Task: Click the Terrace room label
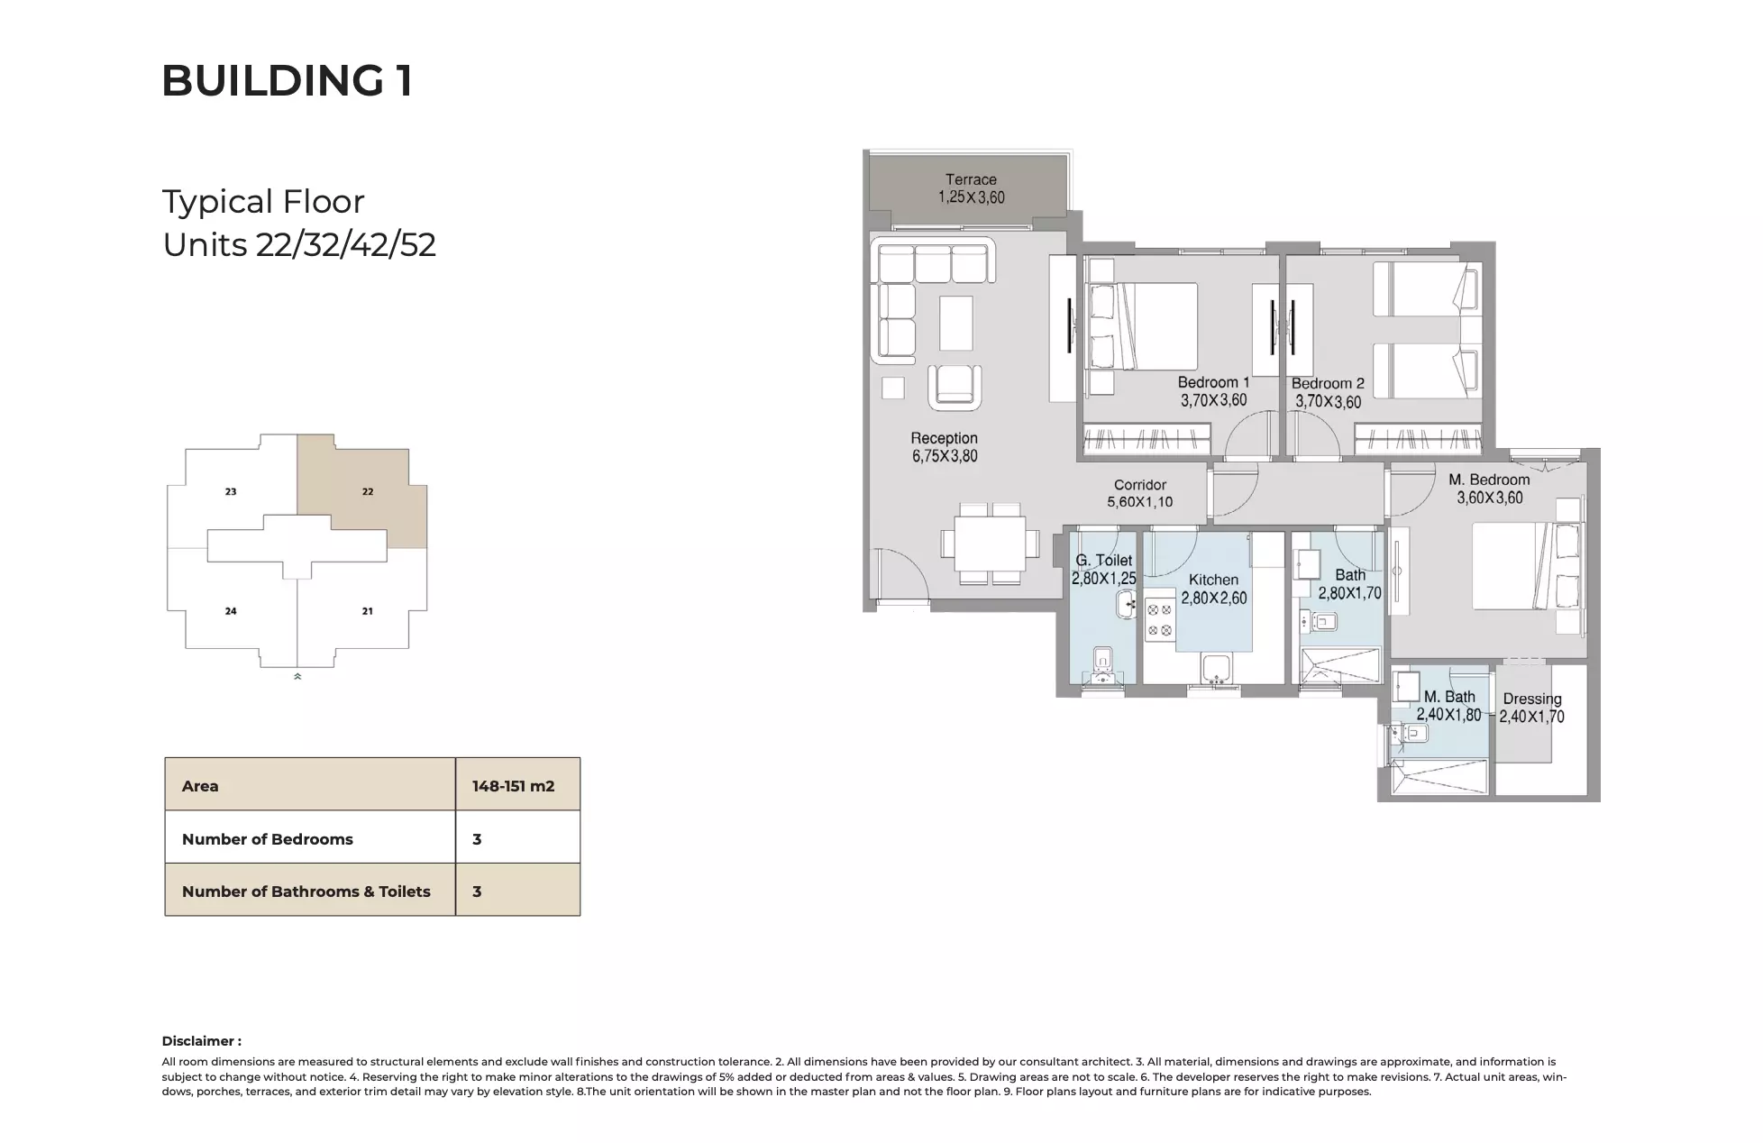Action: (971, 179)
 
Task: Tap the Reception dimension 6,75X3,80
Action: (944, 456)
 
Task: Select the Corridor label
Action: (1139, 485)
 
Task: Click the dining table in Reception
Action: (990, 544)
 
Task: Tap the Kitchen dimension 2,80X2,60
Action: (1213, 598)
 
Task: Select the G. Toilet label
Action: (1103, 560)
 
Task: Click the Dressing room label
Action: (1531, 699)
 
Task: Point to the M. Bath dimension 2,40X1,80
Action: (1448, 715)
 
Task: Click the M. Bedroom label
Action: (1489, 480)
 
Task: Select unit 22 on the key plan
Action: (368, 491)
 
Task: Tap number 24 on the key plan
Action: (231, 611)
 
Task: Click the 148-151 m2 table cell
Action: (514, 786)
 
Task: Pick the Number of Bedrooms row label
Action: (268, 839)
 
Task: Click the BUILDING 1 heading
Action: (287, 81)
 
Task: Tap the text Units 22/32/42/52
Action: (299, 245)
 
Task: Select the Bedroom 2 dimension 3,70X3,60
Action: (1327, 402)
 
